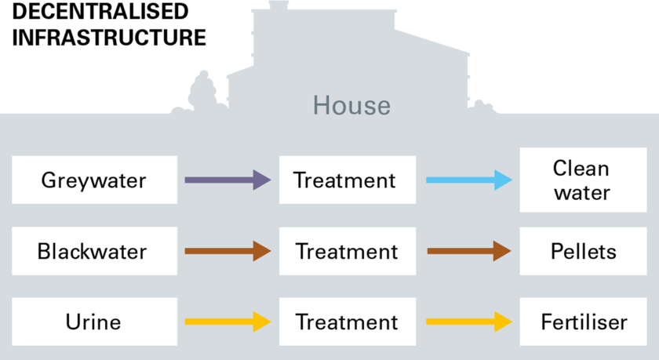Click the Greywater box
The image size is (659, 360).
click(95, 180)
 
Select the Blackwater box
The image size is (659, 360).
click(95, 251)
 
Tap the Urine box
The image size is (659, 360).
click(95, 322)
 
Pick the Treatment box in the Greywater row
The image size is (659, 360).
click(348, 180)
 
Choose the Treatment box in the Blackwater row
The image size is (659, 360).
click(348, 251)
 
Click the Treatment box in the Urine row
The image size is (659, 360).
click(348, 322)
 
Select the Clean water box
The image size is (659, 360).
click(583, 180)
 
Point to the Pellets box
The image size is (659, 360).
click(583, 251)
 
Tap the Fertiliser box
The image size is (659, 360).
click(583, 322)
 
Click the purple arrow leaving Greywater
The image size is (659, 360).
click(228, 180)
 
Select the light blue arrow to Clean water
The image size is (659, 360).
click(469, 180)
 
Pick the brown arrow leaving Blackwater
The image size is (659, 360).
click(228, 251)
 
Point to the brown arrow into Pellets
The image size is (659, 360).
click(469, 251)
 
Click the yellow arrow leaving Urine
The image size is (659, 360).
click(228, 322)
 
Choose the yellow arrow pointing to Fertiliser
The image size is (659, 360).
click(469, 322)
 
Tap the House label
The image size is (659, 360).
click(351, 105)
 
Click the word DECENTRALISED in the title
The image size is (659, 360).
click(100, 11)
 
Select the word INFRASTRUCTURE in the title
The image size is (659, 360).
click(109, 38)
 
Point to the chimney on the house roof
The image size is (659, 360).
click(279, 5)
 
